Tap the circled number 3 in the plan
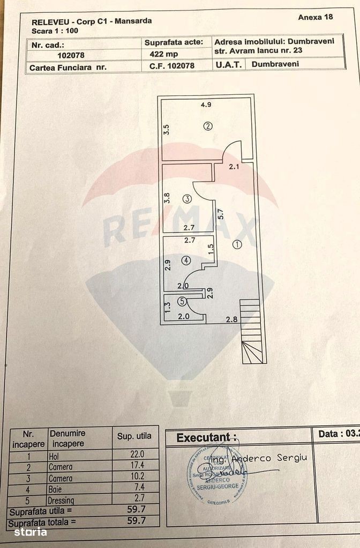186,199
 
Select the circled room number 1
237,244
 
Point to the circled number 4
185,260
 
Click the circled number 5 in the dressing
182,301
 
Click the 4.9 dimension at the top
206,104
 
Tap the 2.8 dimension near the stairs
231,320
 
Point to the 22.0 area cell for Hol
138,454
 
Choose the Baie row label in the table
55,489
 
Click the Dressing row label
62,499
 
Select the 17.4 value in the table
138,466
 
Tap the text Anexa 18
315,17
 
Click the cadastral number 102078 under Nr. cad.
70,55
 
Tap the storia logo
30,532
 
